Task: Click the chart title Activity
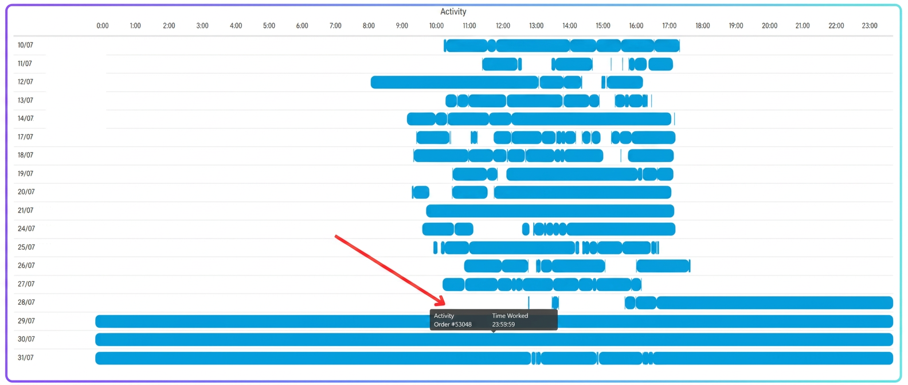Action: [x=453, y=12]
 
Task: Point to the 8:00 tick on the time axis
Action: [x=369, y=26]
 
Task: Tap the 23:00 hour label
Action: [x=870, y=26]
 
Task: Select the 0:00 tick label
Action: [x=103, y=26]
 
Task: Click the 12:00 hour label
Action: [x=503, y=26]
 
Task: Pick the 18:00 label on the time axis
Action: [x=702, y=26]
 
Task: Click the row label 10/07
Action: [x=25, y=45]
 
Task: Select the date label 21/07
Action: [x=26, y=210]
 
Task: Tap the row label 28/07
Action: [x=26, y=302]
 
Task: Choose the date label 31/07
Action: [x=26, y=357]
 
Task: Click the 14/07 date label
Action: [x=26, y=119]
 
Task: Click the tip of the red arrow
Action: [x=445, y=304]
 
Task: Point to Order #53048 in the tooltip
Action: [x=452, y=324]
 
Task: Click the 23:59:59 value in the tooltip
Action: [x=503, y=324]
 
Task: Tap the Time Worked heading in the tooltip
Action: [x=510, y=315]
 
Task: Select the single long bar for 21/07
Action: [x=550, y=211]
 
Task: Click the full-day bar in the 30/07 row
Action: [x=494, y=340]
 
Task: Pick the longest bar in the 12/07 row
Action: [x=455, y=82]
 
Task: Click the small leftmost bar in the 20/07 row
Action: [x=421, y=192]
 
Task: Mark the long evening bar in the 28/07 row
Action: [x=774, y=302]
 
